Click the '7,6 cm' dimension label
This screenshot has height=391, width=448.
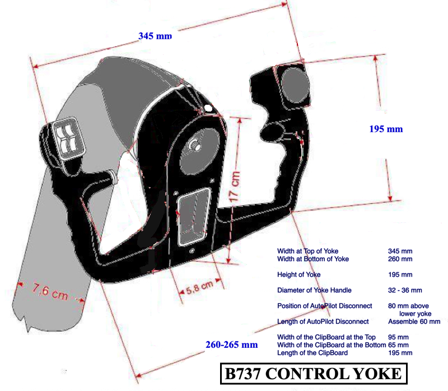click(50, 292)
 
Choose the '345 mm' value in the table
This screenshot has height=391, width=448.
click(400, 251)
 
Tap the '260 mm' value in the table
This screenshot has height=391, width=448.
click(400, 259)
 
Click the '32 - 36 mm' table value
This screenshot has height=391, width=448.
click(405, 290)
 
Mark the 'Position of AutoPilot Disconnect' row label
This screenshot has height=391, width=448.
click(324, 306)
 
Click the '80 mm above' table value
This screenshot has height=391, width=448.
click(408, 306)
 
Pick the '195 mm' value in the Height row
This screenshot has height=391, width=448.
click(400, 274)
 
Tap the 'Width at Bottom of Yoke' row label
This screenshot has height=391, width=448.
click(313, 259)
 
